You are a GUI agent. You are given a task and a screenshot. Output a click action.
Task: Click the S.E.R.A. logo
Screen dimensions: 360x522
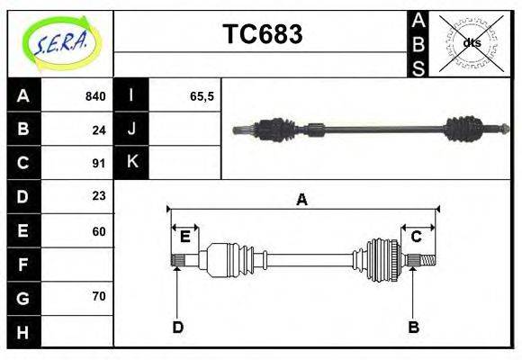pos(60,43)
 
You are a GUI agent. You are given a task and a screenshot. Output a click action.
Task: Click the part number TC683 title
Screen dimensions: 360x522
pos(262,35)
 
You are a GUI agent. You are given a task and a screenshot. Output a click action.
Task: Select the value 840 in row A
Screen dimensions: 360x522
pos(94,96)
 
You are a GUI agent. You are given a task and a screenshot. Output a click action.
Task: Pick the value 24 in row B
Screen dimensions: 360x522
pos(99,130)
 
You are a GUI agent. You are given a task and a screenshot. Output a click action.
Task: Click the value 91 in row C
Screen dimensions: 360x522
pos(99,163)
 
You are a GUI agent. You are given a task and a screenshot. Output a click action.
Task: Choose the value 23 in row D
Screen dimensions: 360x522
pos(99,196)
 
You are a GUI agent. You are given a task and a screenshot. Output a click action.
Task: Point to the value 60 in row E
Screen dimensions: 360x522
pos(99,230)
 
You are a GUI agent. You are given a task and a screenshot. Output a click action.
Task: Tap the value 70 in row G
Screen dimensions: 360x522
pos(99,296)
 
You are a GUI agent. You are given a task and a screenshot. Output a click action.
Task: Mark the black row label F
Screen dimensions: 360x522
pos(23,265)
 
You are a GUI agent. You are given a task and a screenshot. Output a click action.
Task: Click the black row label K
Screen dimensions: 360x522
pos(131,163)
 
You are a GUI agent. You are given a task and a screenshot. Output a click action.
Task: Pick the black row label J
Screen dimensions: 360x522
pos(131,130)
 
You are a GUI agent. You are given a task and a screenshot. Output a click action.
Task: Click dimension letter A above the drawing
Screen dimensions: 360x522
pos(301,200)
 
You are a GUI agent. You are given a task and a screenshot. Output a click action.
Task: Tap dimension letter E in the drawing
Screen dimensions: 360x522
pos(184,237)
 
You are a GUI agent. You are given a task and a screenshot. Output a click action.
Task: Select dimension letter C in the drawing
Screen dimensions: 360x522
pos(417,237)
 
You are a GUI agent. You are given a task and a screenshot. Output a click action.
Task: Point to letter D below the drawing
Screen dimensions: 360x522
pos(177,327)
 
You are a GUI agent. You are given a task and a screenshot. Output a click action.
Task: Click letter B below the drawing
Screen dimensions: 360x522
pos(413,327)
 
